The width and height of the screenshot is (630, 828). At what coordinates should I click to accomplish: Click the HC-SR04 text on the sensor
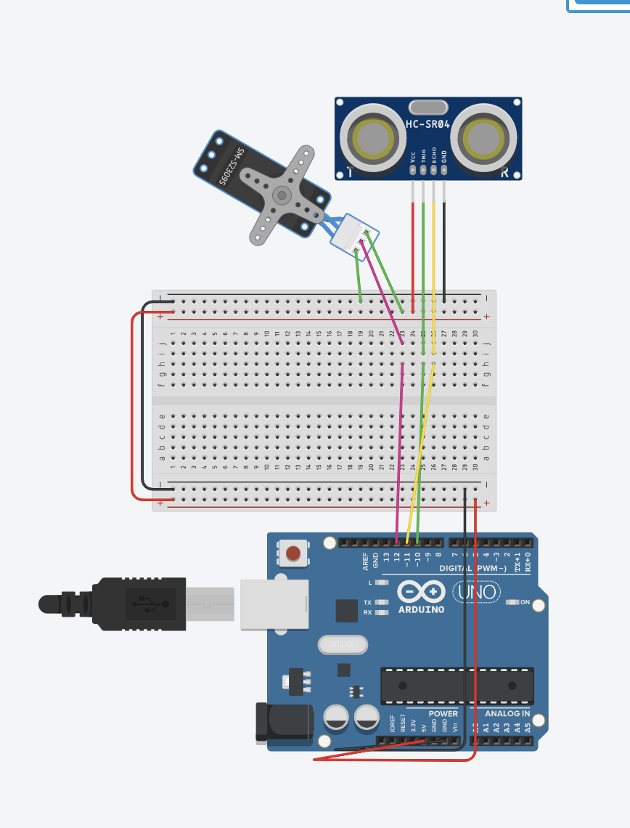(x=427, y=124)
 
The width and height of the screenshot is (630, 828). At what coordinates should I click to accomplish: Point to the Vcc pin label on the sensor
(x=413, y=156)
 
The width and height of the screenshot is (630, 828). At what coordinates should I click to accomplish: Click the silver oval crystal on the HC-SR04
(x=428, y=107)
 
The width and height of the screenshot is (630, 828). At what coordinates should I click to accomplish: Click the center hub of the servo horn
(x=282, y=194)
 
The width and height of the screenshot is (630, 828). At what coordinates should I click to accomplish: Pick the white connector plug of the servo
(x=353, y=236)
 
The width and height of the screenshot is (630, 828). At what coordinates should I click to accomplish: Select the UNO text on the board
(x=477, y=592)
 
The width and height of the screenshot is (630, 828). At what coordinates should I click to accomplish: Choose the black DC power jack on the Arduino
(x=284, y=722)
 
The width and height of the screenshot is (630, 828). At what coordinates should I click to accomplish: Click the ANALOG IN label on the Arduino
(x=507, y=713)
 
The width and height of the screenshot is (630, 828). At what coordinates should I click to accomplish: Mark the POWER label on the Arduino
(x=443, y=713)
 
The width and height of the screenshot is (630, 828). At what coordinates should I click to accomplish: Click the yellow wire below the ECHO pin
(x=433, y=247)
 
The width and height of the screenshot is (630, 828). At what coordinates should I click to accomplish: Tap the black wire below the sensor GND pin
(x=444, y=247)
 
